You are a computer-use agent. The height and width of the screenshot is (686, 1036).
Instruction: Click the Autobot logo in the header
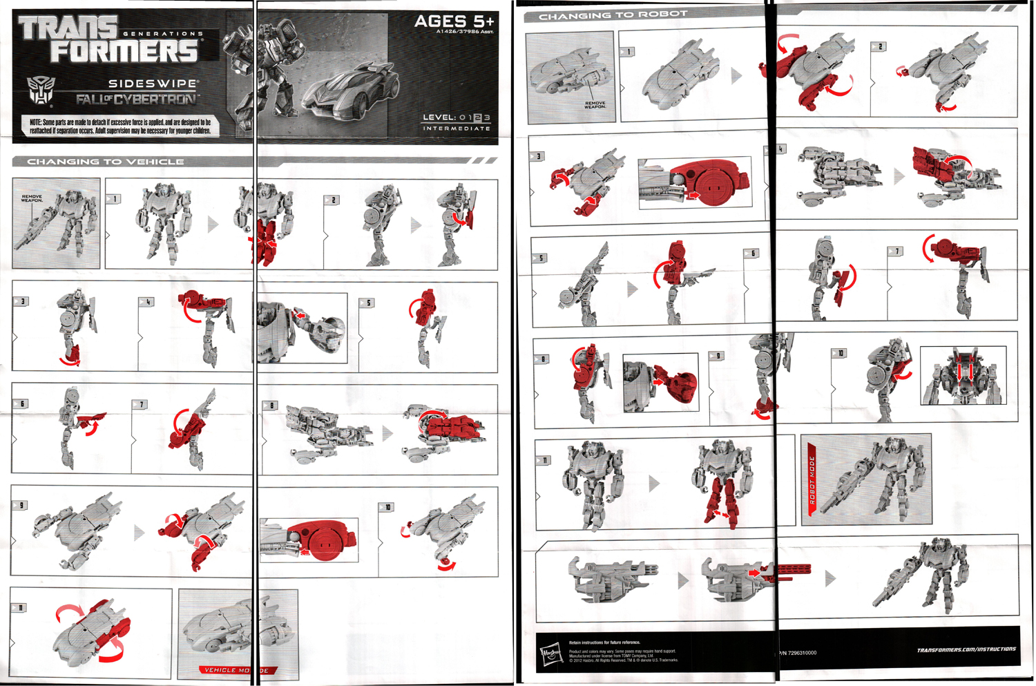pos(39,91)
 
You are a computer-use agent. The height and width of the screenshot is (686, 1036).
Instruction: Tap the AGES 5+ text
pos(454,21)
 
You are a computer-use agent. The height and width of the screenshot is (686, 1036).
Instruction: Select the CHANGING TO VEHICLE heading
pos(106,162)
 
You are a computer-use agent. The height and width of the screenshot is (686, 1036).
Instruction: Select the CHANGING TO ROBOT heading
pos(613,15)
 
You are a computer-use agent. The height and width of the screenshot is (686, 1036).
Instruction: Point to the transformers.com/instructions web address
pos(966,650)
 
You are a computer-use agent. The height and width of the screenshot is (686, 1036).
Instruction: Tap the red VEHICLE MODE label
pos(237,670)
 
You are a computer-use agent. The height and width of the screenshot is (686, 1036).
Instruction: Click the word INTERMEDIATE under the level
pos(457,128)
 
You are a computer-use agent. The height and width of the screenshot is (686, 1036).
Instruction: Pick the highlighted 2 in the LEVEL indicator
pos(477,117)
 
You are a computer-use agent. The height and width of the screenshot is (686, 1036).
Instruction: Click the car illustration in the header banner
pos(352,90)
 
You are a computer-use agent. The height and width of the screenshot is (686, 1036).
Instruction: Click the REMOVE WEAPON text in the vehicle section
pos(32,198)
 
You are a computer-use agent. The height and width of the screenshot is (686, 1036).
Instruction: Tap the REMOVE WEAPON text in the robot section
pos(595,105)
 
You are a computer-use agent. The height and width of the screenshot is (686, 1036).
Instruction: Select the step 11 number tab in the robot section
pos(544,460)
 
